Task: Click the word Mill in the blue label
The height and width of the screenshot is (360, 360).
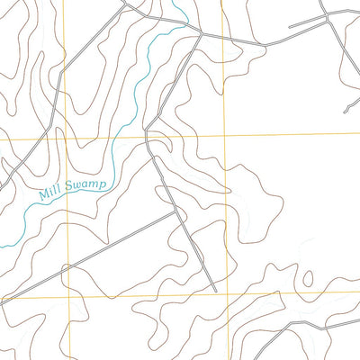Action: pyautogui.click(x=50, y=193)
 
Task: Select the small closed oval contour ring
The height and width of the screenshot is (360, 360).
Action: pyautogui.click(x=309, y=278)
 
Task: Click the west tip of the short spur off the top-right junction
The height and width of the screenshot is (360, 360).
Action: pyautogui.click(x=290, y=26)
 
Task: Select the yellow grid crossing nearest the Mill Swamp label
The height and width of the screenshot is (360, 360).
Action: pyautogui.click(x=67, y=139)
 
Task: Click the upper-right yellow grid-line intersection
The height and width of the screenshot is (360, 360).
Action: pyautogui.click(x=224, y=135)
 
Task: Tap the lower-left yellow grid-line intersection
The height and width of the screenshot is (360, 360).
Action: pyautogui.click(x=68, y=297)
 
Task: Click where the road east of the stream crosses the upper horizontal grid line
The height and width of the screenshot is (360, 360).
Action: pyautogui.click(x=146, y=137)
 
